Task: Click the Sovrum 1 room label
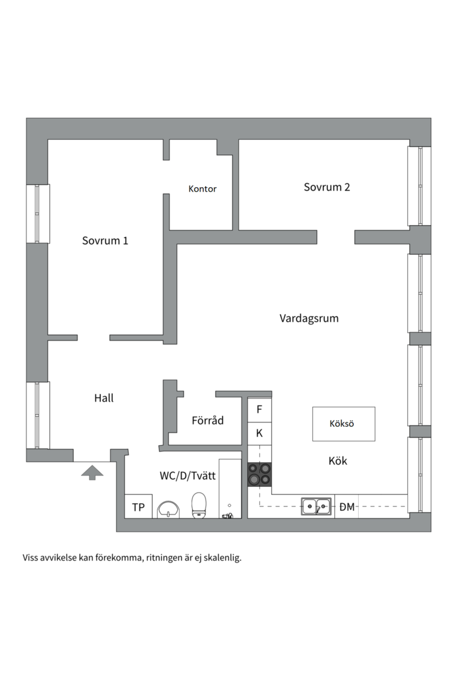pos(105,241)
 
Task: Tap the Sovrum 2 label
pos(327,187)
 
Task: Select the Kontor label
pos(202,189)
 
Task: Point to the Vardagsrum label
pos(309,318)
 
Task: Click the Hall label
pos(104,399)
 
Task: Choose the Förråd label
pos(207,421)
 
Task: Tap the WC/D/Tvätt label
pos(188,476)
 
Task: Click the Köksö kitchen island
pos(344,424)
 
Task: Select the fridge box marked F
pos(259,409)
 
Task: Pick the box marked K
pos(259,434)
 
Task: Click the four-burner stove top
pos(260,474)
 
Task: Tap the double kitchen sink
pos(316,506)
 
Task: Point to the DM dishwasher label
pos(347,506)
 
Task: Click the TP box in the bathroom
pos(138,507)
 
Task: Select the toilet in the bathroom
pos(199,505)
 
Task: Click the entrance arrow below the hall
pos(92,471)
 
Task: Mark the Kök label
pos(338,461)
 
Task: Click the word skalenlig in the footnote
pos(221,557)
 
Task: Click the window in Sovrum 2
pos(419,186)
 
